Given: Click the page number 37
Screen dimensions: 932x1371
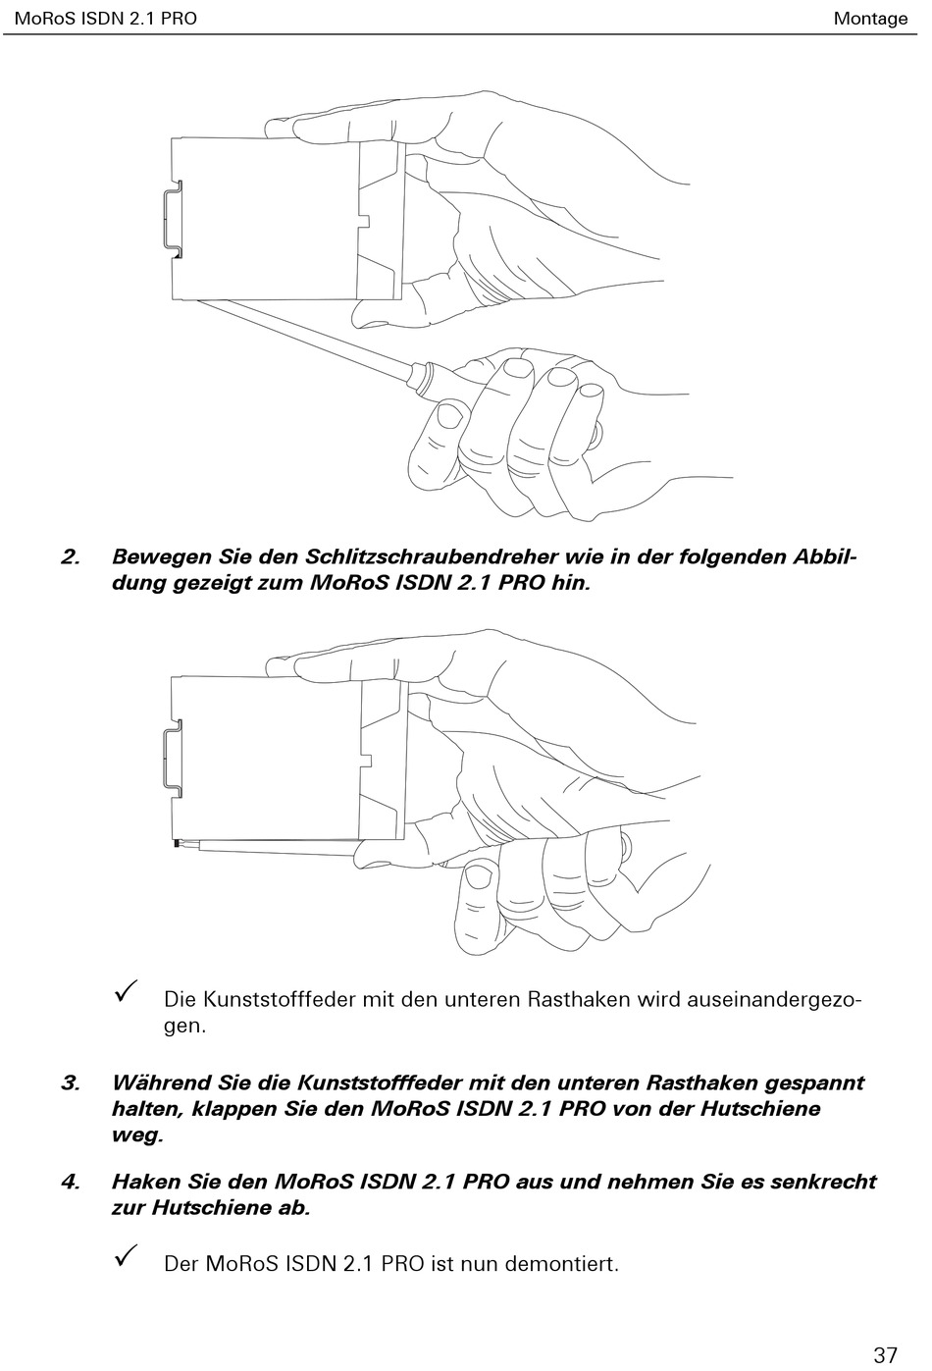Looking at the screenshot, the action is (884, 1354).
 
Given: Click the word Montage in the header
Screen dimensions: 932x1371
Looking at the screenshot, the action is (870, 18).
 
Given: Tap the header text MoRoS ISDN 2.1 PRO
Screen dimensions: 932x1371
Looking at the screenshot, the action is (105, 18).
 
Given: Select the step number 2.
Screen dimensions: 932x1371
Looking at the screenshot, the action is (70, 556).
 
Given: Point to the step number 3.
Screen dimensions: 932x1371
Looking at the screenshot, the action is (70, 1082).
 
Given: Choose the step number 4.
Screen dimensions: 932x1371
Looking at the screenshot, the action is (70, 1181).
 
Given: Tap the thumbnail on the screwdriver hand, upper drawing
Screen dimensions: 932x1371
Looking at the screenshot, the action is (449, 416).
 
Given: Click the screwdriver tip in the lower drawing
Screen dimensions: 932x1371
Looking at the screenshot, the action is (178, 842).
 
